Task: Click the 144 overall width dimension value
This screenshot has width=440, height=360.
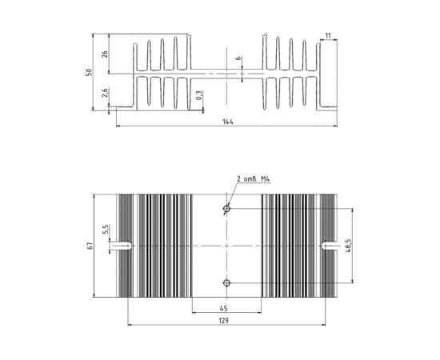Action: click(228, 122)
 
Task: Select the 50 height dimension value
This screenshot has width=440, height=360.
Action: click(89, 72)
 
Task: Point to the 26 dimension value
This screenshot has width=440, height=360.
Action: click(104, 54)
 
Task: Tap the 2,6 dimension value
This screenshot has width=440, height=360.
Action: click(104, 93)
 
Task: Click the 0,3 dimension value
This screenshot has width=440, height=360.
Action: click(198, 95)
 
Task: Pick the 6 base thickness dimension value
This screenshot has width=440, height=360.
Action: click(238, 58)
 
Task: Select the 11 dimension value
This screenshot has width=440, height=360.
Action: click(328, 36)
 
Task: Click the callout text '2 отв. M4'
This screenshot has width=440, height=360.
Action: click(254, 178)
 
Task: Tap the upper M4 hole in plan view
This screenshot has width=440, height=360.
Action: click(226, 209)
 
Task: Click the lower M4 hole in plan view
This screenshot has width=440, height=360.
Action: click(226, 283)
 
